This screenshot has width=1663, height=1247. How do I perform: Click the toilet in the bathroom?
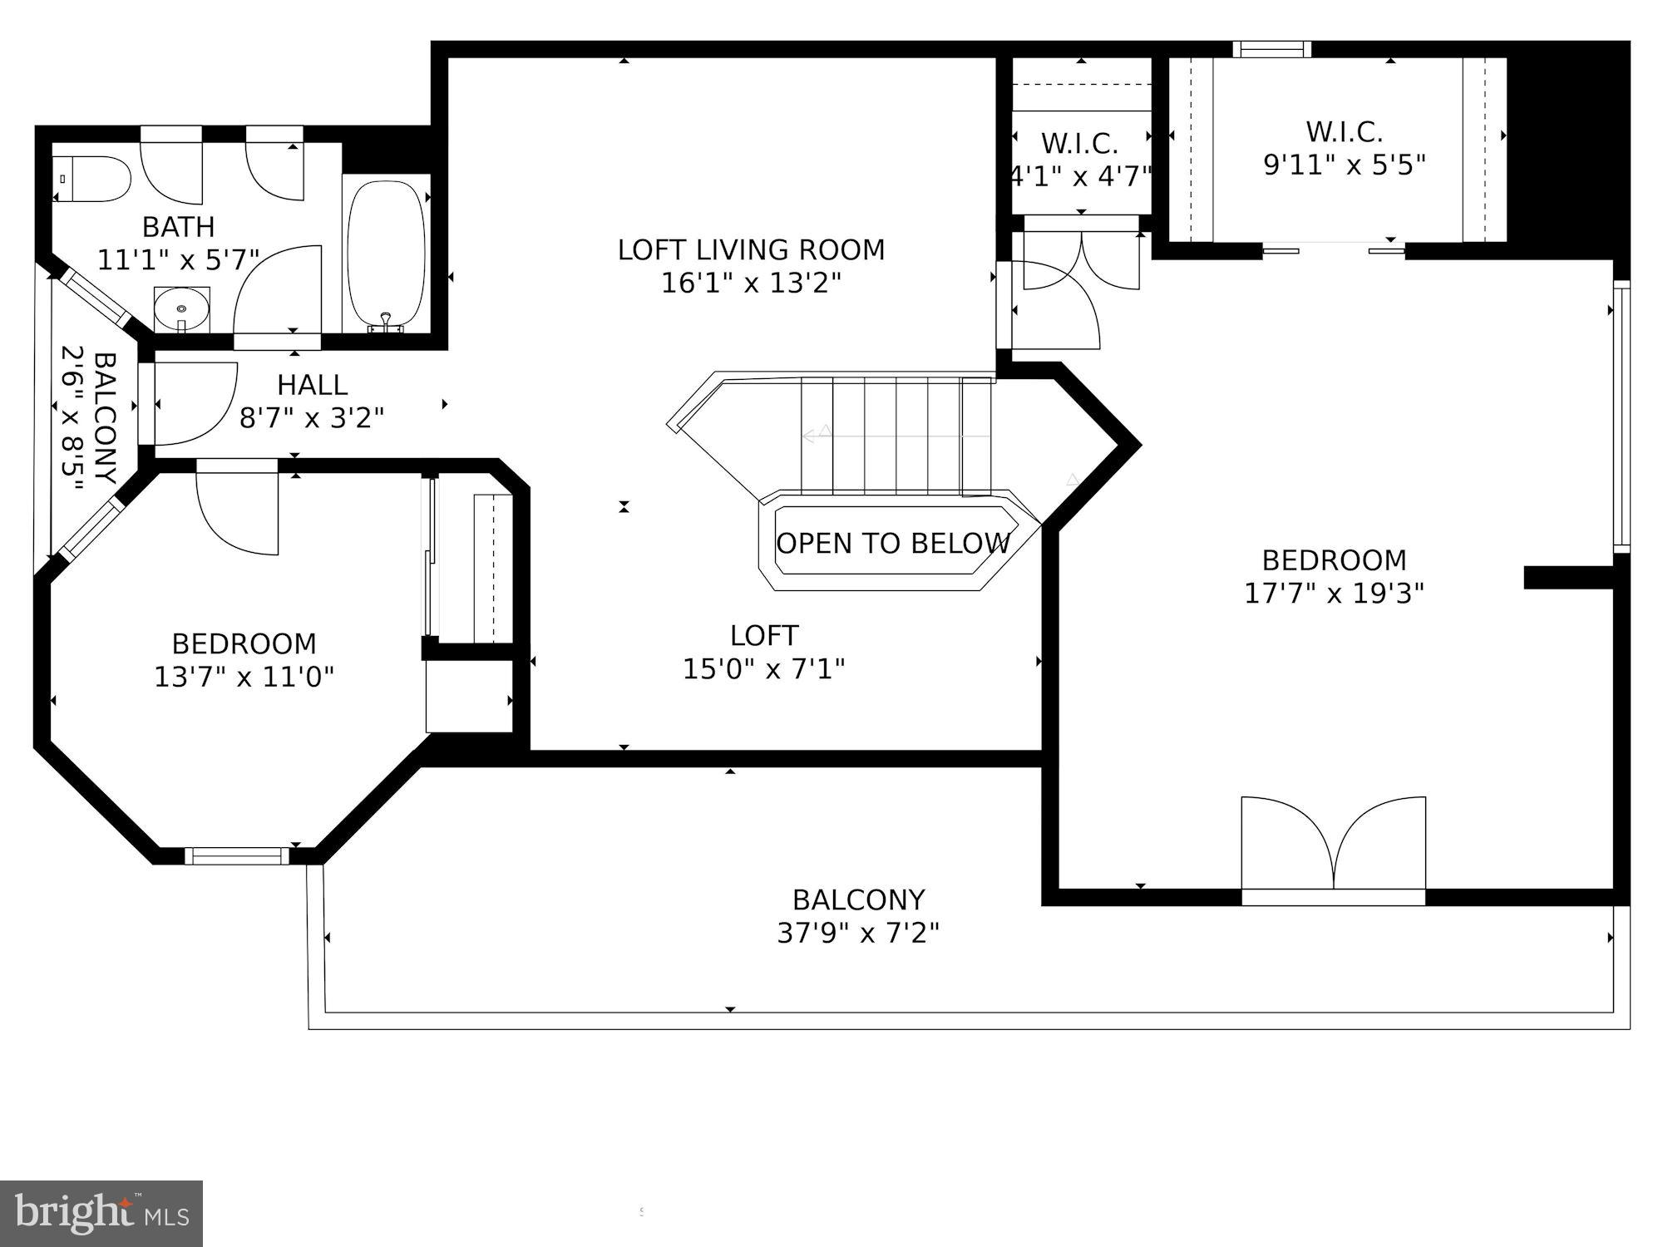93,179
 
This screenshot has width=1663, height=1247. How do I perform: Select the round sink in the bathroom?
182,308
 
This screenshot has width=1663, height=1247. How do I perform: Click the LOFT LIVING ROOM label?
751,249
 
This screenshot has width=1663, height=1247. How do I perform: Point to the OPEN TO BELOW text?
892,544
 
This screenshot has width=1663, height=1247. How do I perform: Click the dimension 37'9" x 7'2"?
858,934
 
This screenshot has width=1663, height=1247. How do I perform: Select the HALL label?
312,385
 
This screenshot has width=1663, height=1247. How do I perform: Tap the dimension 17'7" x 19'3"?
1334,594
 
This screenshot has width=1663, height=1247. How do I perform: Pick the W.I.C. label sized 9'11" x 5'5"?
1344,131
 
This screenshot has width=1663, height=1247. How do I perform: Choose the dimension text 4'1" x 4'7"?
1080,176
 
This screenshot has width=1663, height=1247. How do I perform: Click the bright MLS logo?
101,1214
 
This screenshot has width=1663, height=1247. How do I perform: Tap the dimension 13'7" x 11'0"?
244,677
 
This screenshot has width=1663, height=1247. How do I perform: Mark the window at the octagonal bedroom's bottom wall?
237,855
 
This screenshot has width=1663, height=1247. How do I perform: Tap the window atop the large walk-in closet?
1271,49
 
